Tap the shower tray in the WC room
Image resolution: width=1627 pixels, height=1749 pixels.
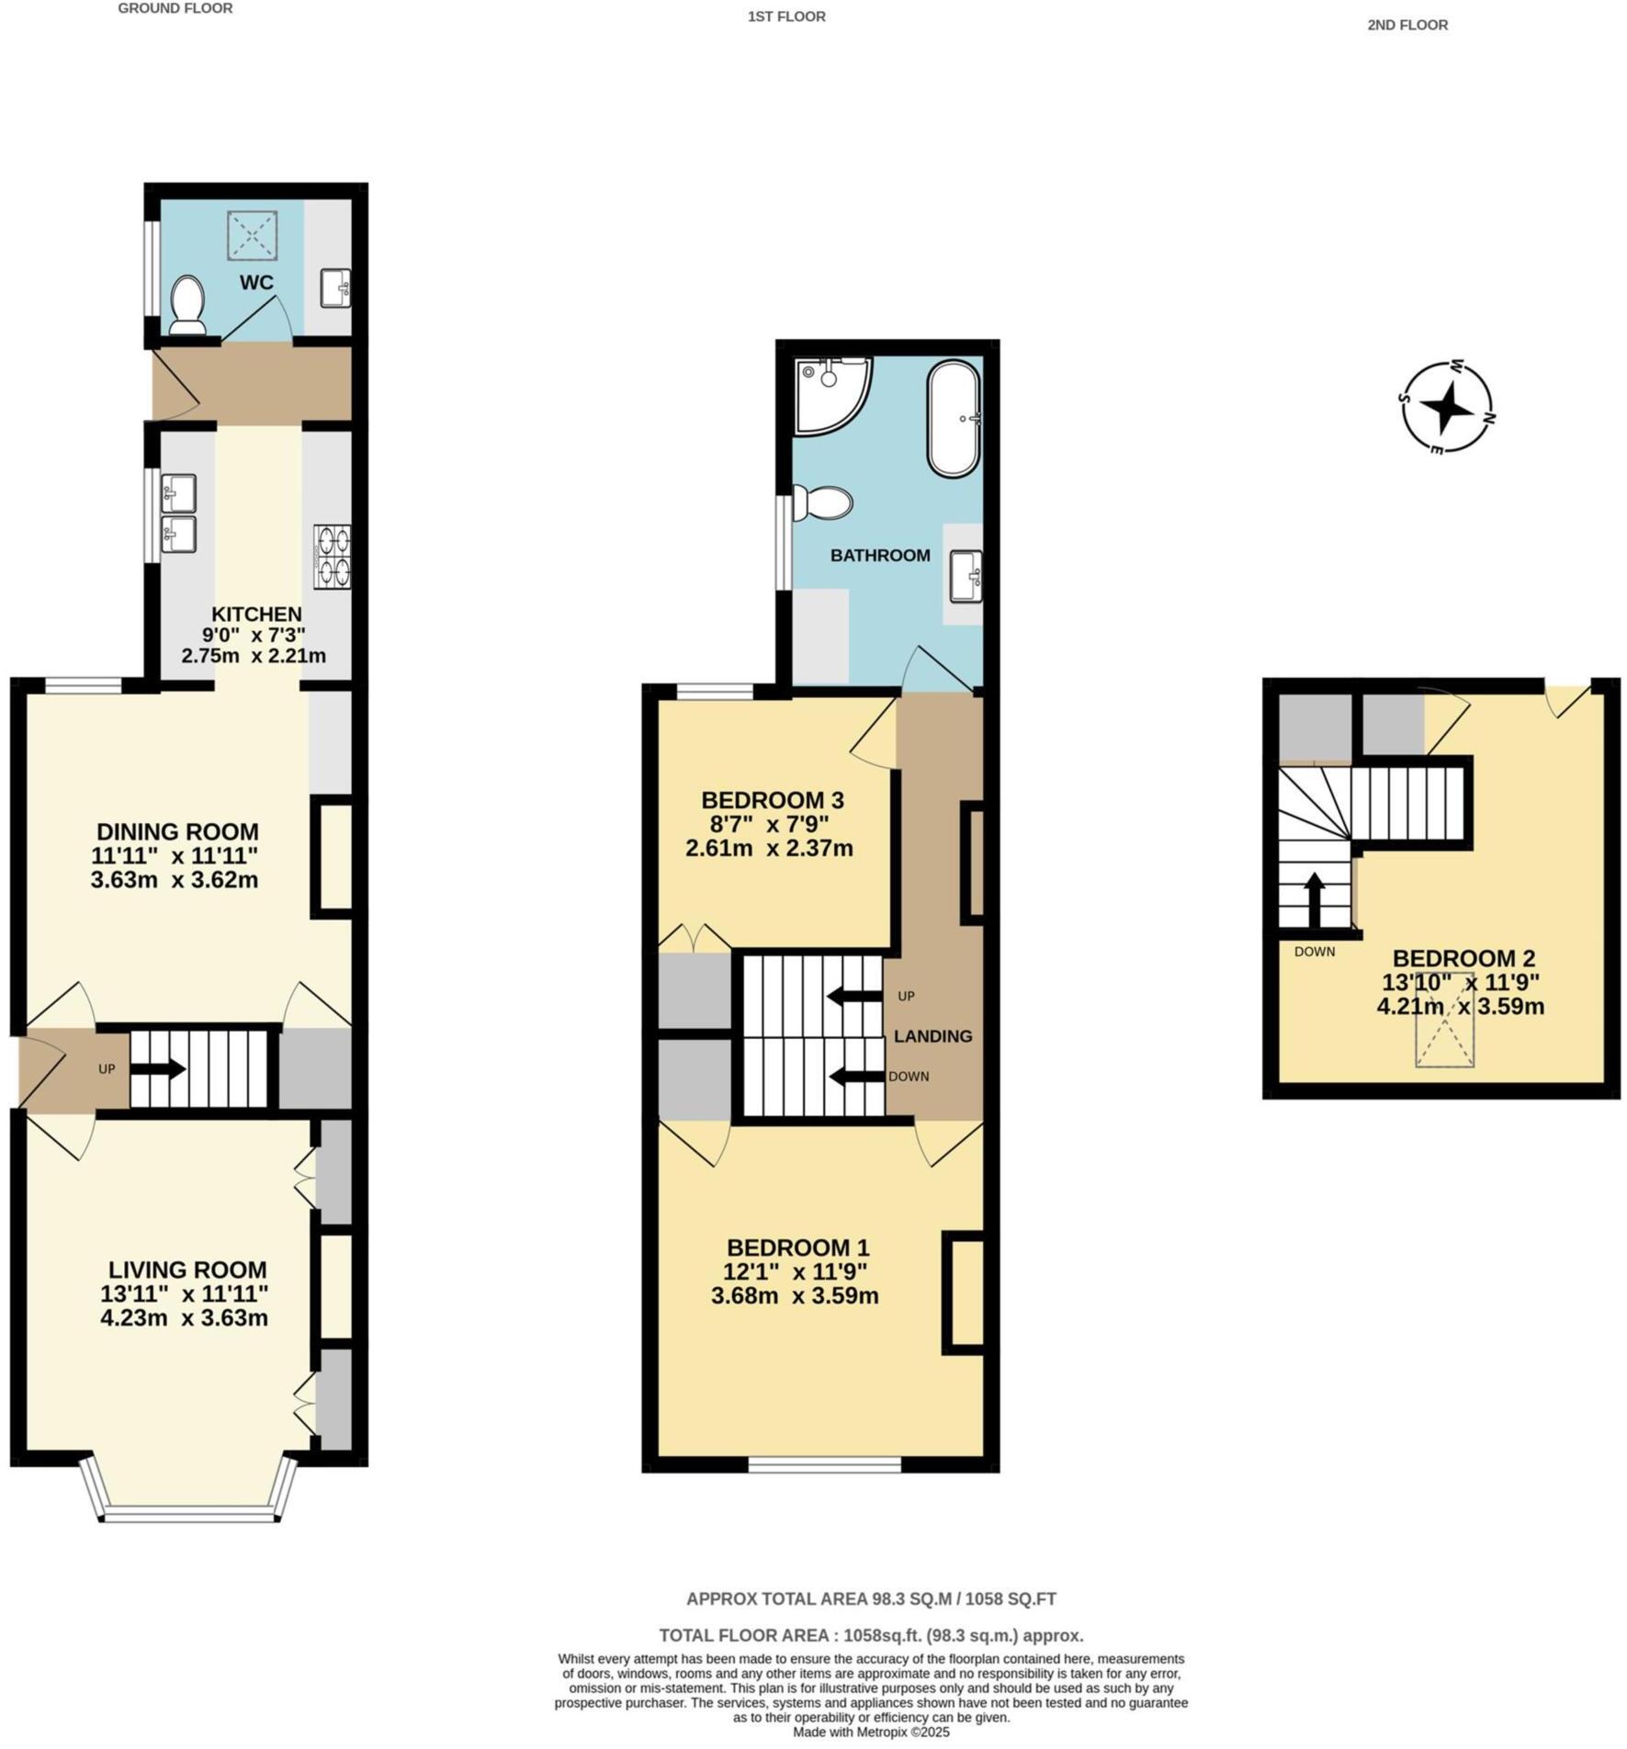click(252, 235)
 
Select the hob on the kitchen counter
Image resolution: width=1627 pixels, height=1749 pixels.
click(332, 556)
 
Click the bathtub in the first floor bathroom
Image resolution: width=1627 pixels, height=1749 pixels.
click(955, 418)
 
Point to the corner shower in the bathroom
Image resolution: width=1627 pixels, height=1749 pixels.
click(830, 393)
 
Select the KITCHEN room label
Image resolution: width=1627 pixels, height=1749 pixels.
click(256, 614)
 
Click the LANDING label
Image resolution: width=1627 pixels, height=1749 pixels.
click(932, 1036)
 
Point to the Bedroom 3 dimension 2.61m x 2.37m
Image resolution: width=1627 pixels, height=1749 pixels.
click(769, 848)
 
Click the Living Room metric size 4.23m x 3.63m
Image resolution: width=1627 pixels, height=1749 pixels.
click(184, 1318)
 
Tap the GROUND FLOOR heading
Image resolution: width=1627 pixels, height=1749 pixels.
click(175, 8)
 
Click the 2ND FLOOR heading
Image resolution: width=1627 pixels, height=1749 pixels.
click(1407, 25)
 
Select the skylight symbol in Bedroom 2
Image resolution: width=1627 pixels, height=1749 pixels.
click(1445, 1020)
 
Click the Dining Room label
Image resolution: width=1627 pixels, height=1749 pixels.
click(177, 831)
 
